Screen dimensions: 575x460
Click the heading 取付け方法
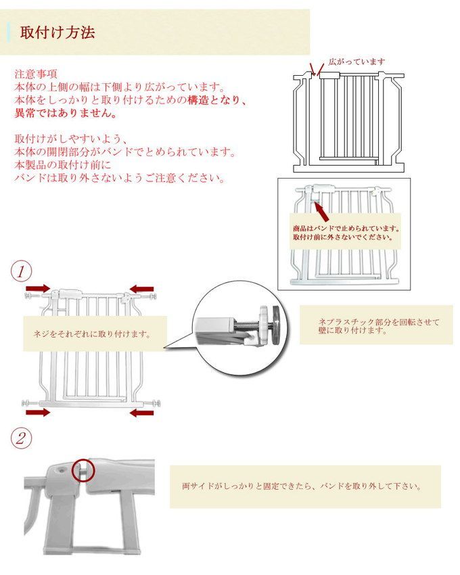point(57,32)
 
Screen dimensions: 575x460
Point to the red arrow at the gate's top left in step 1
point(37,290)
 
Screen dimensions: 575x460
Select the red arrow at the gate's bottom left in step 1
point(38,411)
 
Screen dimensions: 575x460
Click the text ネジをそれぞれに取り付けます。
point(91,334)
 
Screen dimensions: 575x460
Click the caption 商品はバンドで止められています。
point(346,228)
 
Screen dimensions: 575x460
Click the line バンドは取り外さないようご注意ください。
point(120,178)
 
